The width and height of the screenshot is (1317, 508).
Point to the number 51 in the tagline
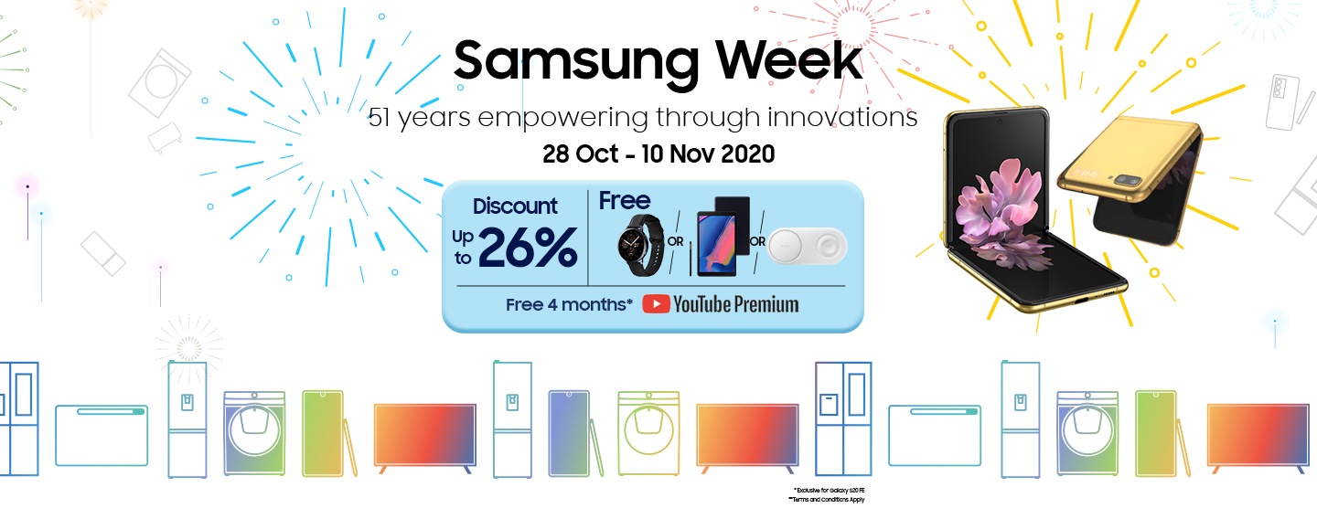(381, 118)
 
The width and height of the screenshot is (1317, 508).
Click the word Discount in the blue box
(515, 207)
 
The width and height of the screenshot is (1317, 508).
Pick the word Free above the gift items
(625, 201)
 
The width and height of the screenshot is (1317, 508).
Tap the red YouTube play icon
(656, 304)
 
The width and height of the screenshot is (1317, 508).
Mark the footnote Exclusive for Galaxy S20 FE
(829, 491)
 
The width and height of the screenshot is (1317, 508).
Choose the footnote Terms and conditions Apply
(828, 500)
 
